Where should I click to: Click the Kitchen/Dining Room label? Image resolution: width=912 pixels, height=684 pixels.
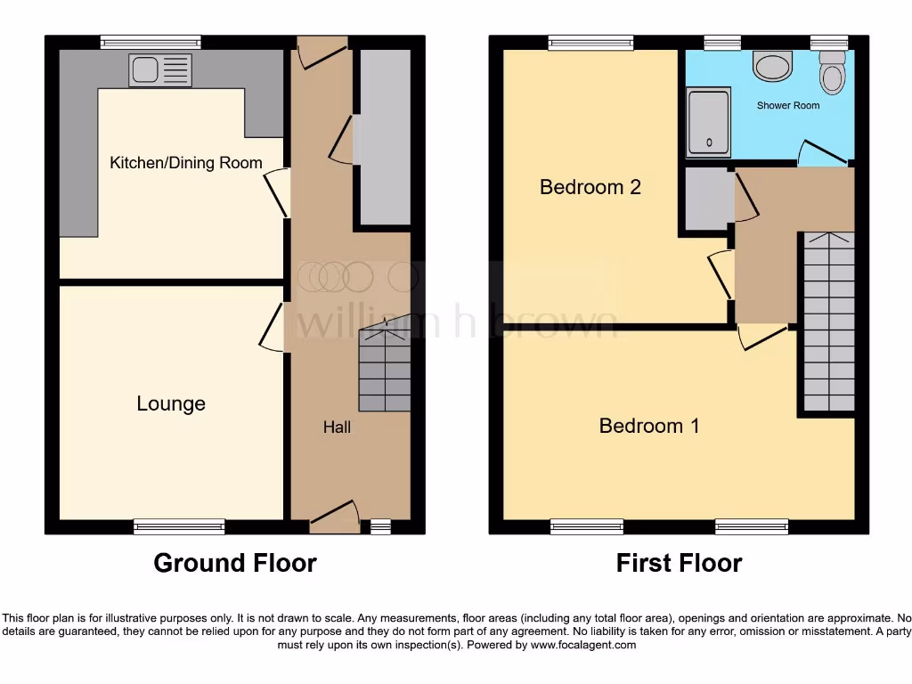point(185,162)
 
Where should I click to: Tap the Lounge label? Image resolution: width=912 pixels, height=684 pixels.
point(171,403)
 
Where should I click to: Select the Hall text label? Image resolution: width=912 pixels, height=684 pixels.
point(337,427)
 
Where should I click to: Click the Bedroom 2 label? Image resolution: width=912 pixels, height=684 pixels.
point(590,187)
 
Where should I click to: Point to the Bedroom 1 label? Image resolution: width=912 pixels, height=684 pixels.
point(649,426)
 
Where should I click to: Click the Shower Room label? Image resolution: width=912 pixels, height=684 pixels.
point(788,105)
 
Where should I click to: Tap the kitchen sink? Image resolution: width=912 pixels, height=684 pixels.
point(159,69)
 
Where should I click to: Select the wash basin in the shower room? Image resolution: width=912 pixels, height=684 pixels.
point(772,65)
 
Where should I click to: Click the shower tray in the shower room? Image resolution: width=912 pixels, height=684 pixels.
point(709,121)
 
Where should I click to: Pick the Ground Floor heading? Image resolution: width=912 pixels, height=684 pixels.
point(235,563)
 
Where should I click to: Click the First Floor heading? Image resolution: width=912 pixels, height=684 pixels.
point(679,563)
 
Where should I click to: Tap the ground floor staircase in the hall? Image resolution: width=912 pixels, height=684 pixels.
point(385,370)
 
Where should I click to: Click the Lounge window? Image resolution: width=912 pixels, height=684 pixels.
point(179,527)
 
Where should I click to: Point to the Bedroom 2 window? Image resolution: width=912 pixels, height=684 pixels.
point(590,41)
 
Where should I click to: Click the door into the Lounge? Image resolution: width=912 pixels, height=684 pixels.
point(276,327)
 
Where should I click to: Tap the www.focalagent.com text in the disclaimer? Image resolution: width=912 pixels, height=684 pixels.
point(582,645)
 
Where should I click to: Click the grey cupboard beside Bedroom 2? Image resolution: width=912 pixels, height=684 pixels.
point(706,199)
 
